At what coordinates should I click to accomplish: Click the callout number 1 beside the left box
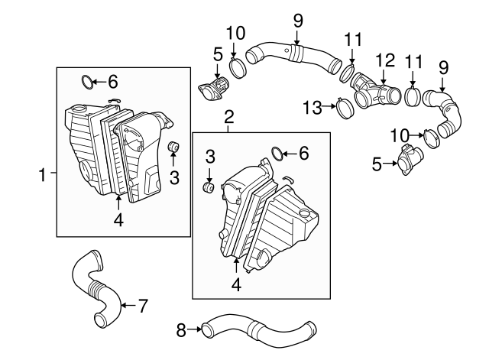[43, 174]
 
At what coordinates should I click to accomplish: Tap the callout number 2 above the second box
[228, 117]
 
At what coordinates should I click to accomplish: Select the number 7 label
[142, 306]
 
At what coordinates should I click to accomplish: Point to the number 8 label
[181, 330]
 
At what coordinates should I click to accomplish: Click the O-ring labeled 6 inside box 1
[89, 79]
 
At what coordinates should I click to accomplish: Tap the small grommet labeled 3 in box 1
[173, 147]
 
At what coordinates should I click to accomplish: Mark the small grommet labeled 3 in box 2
[206, 186]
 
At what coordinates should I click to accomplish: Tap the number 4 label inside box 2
[236, 284]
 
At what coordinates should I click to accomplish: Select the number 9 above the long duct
[298, 17]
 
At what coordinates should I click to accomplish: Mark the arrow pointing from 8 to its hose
[194, 330]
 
